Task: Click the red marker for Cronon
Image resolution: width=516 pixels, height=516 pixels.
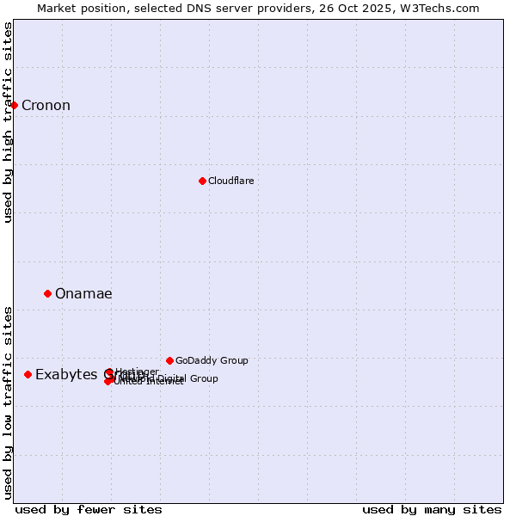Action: [14, 105]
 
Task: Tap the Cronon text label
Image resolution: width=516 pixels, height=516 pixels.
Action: [46, 106]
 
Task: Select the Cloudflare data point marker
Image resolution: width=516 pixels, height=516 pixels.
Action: [202, 181]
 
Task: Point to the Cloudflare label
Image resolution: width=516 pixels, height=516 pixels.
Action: [230, 181]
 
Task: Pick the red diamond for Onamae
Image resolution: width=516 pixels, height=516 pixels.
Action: [47, 293]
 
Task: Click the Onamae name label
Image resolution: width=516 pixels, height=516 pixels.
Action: [83, 294]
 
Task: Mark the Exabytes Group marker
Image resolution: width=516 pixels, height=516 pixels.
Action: [28, 374]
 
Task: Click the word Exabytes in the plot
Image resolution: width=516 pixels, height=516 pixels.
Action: [67, 375]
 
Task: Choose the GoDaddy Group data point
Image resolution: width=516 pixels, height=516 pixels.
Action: [169, 360]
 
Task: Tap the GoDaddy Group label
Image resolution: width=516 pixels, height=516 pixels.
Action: [212, 360]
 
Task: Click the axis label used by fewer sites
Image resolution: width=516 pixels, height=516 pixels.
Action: [89, 509]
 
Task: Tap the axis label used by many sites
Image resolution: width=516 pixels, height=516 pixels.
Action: [432, 509]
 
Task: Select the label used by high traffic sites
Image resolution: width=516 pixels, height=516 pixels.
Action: [9, 122]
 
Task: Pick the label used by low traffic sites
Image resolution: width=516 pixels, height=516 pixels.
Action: [9, 402]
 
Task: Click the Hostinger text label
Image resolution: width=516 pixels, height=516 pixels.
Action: [137, 372]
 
